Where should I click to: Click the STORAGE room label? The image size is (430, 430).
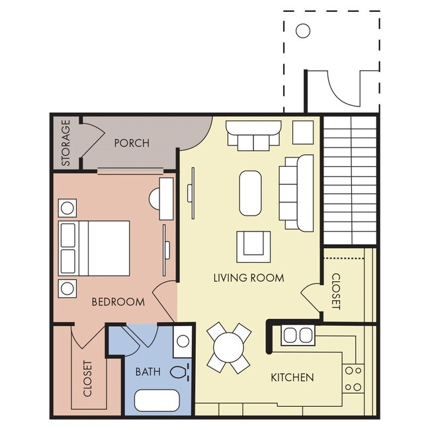pos(66,142)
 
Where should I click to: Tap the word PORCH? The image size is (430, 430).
pos(132,143)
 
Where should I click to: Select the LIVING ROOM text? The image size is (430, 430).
pos(249,278)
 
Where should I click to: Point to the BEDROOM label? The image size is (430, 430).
pos(118,302)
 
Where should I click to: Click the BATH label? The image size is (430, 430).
pos(148,372)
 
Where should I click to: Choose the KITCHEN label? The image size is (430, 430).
pos(292,378)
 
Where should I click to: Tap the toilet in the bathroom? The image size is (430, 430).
pos(179,371)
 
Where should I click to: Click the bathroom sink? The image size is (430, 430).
pos(183,341)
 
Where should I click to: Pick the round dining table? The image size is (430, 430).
pos(229,347)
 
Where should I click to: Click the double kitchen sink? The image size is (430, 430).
pos(297,336)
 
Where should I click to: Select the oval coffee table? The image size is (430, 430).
pos(250,193)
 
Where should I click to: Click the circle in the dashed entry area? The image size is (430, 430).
pos(303,30)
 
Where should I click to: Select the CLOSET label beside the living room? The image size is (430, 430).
pos(335,291)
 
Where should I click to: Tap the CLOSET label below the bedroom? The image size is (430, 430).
pos(87,378)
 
